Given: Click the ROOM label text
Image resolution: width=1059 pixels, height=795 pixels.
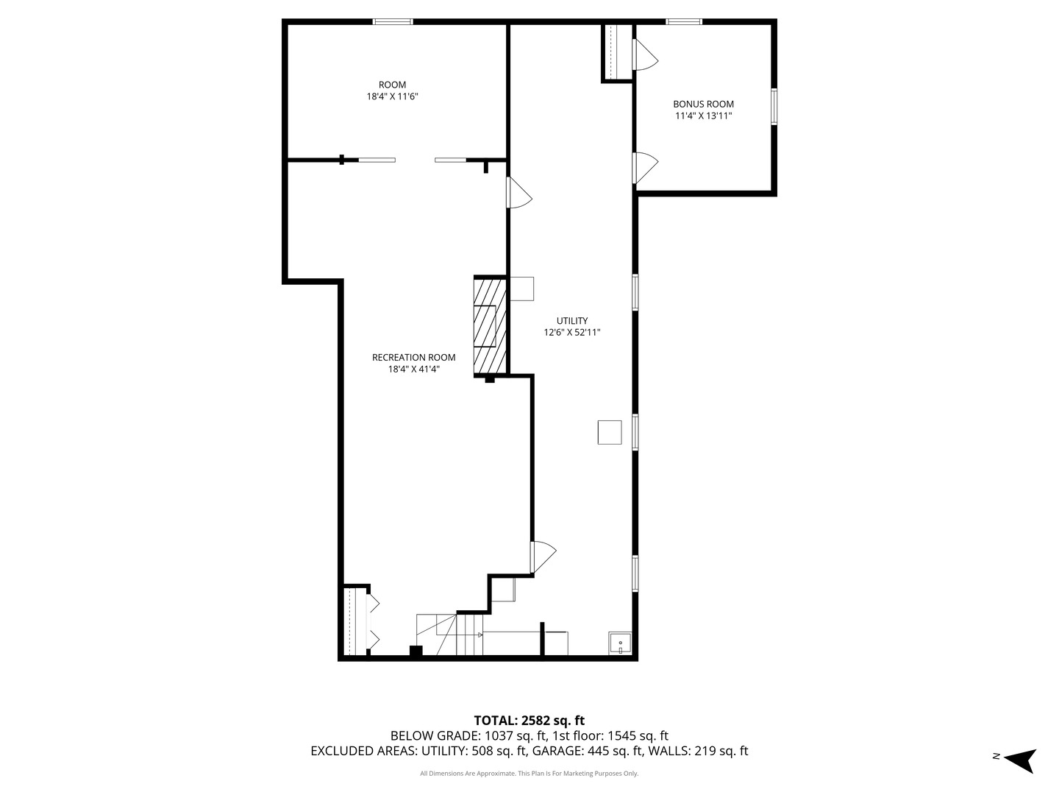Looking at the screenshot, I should (x=392, y=85).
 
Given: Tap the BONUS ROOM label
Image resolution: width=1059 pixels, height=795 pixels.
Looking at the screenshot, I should (x=703, y=104).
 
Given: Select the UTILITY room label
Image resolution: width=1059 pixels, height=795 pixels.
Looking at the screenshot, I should (x=571, y=321).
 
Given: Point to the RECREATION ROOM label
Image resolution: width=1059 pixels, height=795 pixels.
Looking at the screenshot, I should (x=413, y=358).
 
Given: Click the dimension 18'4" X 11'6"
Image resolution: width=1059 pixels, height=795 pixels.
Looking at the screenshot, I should (x=392, y=96).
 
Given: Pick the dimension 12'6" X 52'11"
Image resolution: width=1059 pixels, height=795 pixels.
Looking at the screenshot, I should (x=571, y=333).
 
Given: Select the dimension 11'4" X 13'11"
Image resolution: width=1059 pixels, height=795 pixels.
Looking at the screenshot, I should (x=703, y=116).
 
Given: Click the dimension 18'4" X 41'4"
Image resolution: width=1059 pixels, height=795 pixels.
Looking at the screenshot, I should (x=413, y=370).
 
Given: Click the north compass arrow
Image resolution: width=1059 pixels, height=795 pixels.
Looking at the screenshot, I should (x=1021, y=759).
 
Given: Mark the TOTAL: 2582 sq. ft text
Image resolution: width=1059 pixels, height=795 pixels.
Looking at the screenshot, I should (x=529, y=721).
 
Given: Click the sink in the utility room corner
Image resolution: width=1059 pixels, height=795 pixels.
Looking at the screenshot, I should (x=620, y=643).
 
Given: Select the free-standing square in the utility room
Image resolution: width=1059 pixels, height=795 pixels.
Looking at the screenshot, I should (x=610, y=432).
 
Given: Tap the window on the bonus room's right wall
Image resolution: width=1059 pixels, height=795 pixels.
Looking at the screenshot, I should (x=774, y=107).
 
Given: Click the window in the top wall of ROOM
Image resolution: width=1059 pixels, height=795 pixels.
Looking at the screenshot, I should (x=393, y=22).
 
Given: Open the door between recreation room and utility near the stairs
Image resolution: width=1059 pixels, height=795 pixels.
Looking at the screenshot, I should (x=543, y=557).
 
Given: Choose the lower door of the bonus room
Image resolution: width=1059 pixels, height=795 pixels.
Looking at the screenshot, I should (x=645, y=168).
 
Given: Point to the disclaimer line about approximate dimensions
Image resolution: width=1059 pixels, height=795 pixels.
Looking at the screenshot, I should (x=529, y=774).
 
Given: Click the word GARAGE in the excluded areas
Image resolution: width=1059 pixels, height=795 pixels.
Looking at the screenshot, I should (x=557, y=751).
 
